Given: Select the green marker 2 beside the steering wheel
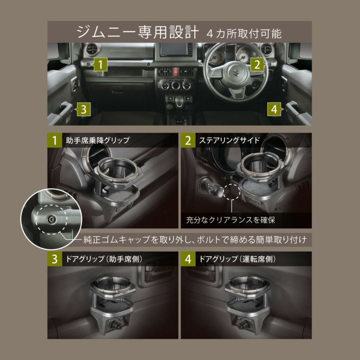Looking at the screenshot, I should click(256, 64).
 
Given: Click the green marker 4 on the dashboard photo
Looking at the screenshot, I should click(274, 108).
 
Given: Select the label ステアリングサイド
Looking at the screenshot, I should click(229, 140).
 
